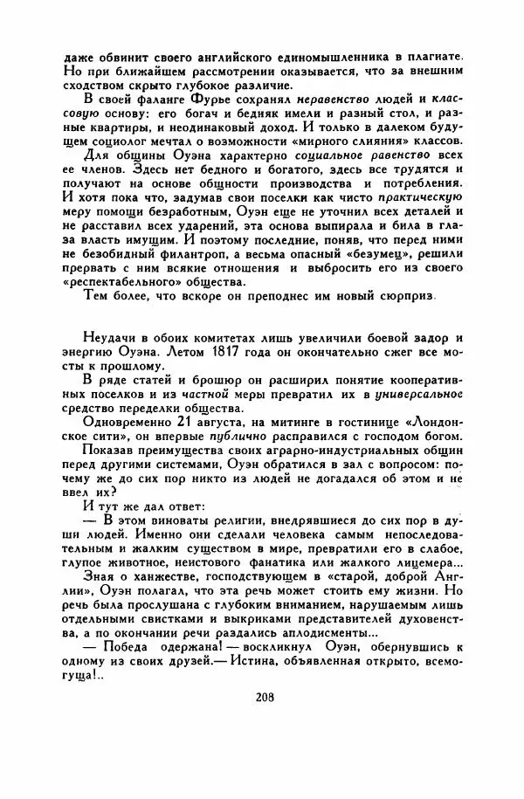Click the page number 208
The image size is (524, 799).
(266, 697)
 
